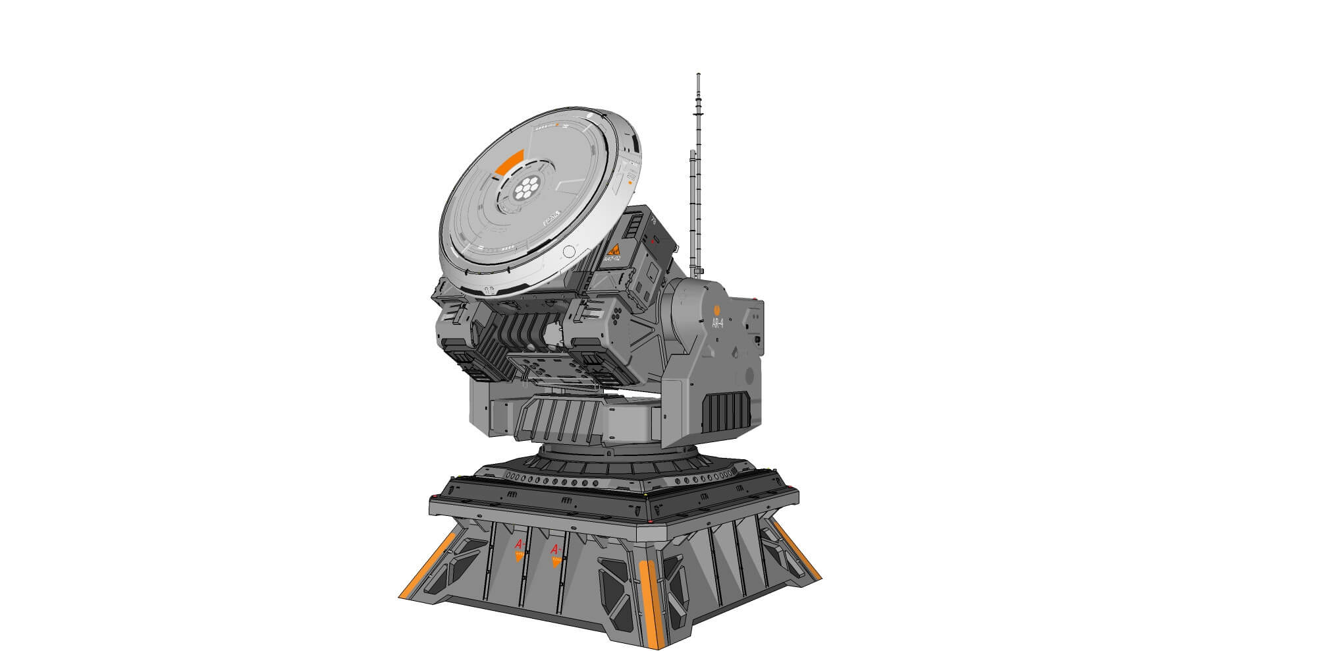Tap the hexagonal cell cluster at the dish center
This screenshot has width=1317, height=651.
(525, 189)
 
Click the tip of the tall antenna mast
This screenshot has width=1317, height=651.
(698, 75)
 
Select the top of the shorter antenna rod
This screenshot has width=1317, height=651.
(692, 153)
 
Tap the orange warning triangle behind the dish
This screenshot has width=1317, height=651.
(614, 250)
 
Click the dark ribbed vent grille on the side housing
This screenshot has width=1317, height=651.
(725, 409)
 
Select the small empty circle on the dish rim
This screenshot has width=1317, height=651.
(570, 251)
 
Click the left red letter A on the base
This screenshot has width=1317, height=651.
(519, 544)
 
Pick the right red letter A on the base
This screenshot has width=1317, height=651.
(555, 549)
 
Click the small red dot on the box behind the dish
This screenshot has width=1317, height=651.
(652, 242)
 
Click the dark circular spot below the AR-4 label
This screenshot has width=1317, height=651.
(749, 375)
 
